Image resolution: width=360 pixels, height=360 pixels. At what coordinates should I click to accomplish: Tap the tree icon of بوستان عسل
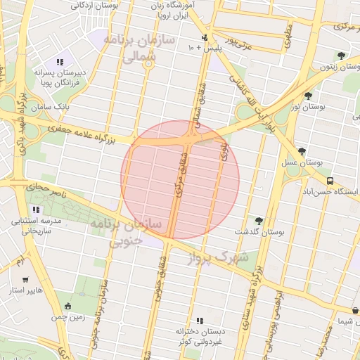(302, 151)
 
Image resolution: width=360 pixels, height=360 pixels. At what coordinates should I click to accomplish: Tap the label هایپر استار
(25, 290)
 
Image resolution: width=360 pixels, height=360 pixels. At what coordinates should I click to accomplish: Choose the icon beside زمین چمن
(67, 306)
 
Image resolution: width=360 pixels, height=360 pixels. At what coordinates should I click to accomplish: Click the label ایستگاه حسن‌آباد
(331, 191)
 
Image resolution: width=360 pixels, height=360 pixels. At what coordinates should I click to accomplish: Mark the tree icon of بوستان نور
(308, 95)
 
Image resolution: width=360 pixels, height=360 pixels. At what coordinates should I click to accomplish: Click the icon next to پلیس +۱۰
(205, 37)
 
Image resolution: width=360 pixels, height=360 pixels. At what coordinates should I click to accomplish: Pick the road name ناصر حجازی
(45, 188)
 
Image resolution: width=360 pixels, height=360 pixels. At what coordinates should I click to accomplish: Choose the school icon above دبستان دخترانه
(200, 320)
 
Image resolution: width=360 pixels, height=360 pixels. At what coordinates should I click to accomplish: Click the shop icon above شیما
(355, 311)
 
